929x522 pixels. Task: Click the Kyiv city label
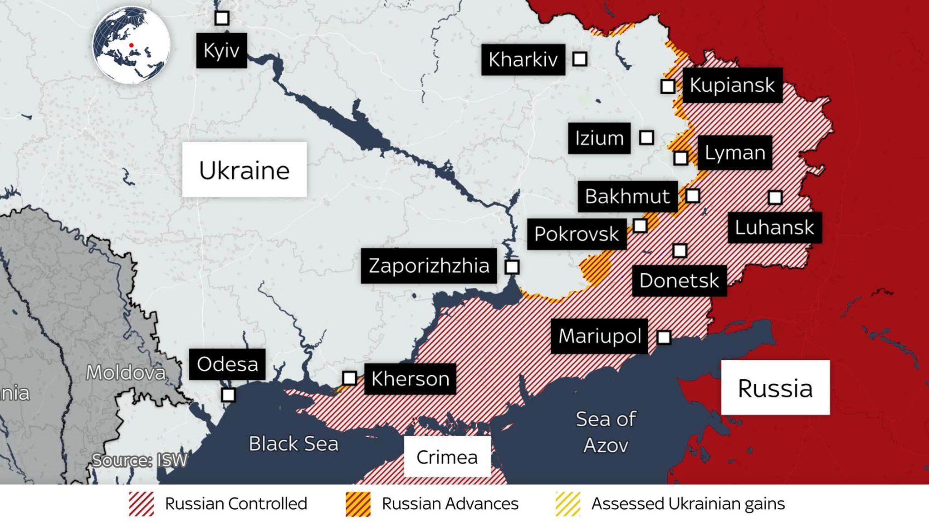point(221,50)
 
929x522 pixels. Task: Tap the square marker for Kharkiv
point(580,59)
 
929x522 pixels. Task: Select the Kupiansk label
point(732,85)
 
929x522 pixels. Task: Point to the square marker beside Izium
point(646,137)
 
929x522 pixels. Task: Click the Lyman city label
point(734,153)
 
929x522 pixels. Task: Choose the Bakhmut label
point(627,196)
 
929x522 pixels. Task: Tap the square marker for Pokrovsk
point(640,226)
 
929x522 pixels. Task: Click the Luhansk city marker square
point(775,198)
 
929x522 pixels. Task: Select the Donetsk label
point(679,281)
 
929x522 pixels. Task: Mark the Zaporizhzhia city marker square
point(512,267)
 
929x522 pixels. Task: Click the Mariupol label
point(599,336)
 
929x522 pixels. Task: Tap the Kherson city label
point(410,379)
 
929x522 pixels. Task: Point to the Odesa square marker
point(228,395)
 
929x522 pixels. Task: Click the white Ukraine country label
point(244,170)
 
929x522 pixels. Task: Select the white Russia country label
point(775,388)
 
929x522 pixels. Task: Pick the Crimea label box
point(447,457)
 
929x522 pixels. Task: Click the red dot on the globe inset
point(131,45)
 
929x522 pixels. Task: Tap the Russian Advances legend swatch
point(358,504)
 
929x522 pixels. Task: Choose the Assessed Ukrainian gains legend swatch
point(567,504)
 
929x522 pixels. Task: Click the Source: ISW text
point(139,460)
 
